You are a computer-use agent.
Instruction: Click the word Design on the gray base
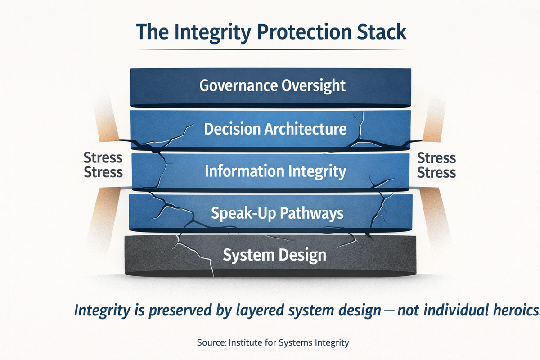[303, 256]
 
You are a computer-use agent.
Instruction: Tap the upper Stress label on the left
[103, 158]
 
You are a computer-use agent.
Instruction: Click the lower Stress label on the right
[436, 172]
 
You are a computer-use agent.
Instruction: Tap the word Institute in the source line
[246, 343]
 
